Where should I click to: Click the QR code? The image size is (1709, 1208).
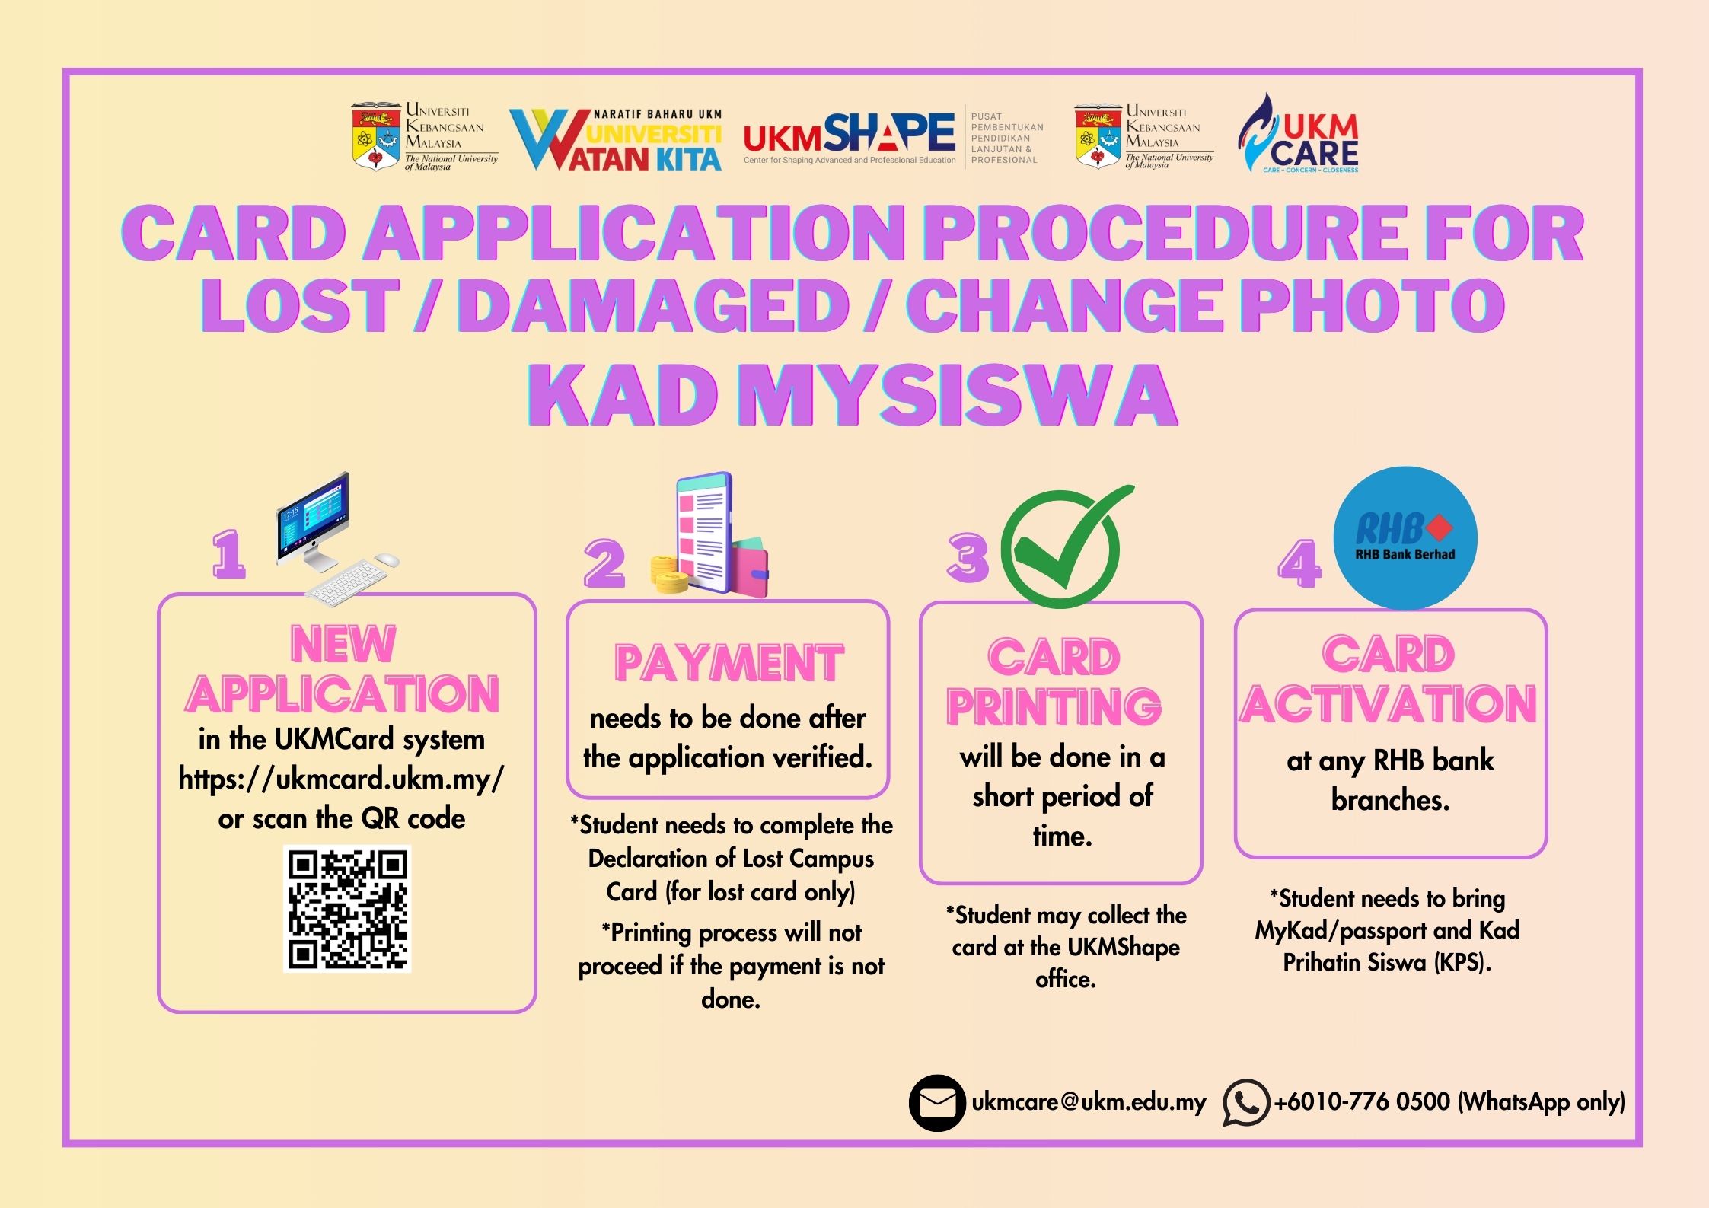point(347,909)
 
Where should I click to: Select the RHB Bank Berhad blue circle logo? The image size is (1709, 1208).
point(1405,538)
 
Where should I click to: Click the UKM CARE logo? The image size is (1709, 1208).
point(1300,135)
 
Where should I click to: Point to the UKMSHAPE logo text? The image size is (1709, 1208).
point(850,135)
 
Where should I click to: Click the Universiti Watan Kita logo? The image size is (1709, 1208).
point(615,139)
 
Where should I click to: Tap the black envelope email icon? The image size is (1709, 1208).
point(937,1102)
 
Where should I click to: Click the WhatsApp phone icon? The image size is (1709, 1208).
point(1245,1102)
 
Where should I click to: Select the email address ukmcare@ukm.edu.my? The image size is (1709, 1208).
point(1089,1102)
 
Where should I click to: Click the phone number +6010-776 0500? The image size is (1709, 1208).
point(1362,1102)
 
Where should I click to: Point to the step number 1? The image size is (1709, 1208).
point(229,554)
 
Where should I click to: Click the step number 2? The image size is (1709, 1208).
point(604,564)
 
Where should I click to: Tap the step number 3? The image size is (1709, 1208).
point(968,558)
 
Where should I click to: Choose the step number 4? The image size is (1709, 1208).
point(1299,564)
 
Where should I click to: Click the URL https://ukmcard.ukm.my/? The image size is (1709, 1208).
point(341,779)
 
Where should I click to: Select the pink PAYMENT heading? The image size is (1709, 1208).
point(729,663)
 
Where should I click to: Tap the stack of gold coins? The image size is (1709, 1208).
point(669,575)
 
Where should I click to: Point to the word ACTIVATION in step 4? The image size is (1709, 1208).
point(1389,704)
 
